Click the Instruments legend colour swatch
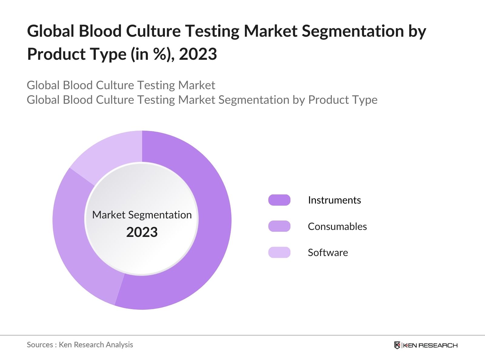[x=279, y=200]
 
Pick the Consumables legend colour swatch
[x=279, y=226]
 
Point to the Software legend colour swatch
[x=279, y=252]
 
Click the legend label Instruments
[x=334, y=200]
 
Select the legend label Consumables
[x=337, y=226]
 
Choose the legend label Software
[x=328, y=252]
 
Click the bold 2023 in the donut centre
[x=142, y=232]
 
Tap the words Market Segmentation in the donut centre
[x=142, y=215]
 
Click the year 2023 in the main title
[x=198, y=54]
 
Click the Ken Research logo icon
[x=397, y=345]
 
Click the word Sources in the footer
[x=40, y=345]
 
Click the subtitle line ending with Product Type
[x=202, y=100]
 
